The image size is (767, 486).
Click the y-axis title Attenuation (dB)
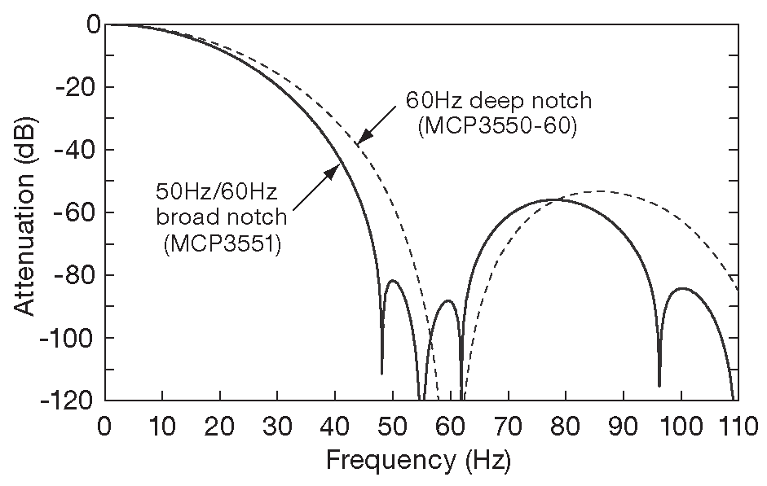24,212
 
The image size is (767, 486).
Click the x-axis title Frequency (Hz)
418,462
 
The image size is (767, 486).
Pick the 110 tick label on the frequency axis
737,426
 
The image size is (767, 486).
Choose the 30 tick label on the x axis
277,426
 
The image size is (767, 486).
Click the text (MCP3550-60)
497,129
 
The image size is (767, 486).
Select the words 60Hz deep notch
498,103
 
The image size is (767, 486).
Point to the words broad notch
222,217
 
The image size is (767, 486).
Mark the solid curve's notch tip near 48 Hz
381,373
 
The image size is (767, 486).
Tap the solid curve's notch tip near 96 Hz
659,385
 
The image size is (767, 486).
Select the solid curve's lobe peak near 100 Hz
681,288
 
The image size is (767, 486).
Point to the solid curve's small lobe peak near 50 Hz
393,281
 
